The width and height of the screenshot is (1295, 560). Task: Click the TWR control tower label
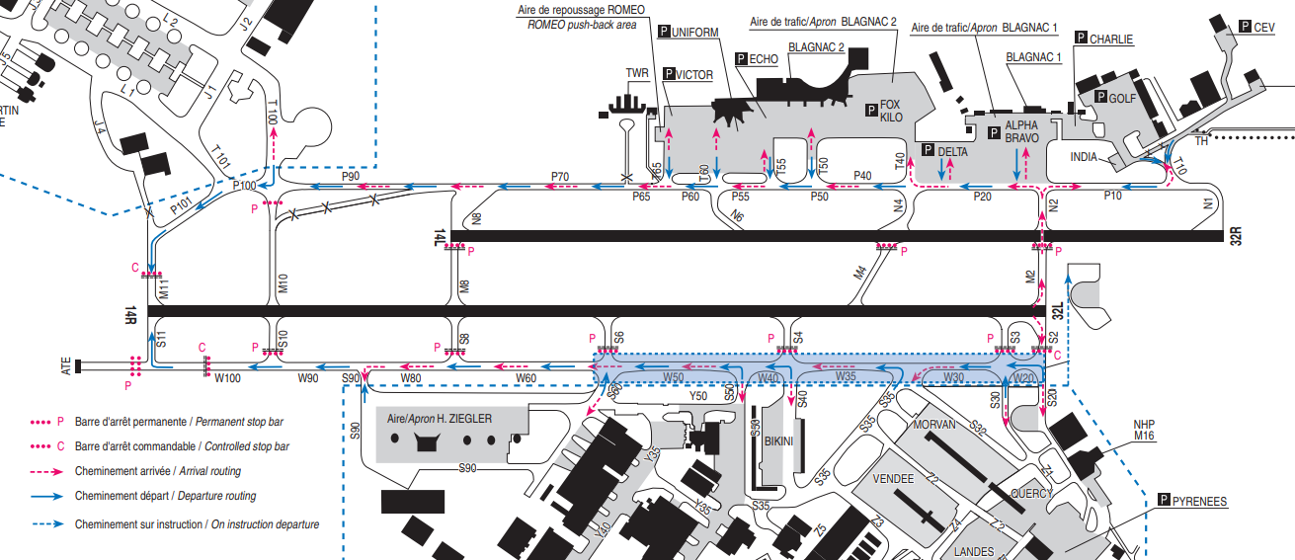638,74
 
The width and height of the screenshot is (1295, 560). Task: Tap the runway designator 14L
440,237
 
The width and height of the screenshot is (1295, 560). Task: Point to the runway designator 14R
129,314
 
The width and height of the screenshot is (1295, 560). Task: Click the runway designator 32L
1056,313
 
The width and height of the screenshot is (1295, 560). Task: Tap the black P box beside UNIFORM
664,33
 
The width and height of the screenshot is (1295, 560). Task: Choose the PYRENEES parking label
1200,502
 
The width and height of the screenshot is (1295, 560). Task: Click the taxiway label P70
560,177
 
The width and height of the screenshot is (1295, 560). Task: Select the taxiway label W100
228,378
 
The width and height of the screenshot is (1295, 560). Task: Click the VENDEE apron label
895,478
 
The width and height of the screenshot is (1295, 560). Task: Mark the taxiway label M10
282,284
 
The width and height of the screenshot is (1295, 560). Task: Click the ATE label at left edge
67,366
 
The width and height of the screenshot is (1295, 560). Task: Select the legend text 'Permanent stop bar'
245,421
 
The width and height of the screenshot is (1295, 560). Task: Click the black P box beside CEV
1245,28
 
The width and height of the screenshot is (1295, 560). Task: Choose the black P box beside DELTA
928,150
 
